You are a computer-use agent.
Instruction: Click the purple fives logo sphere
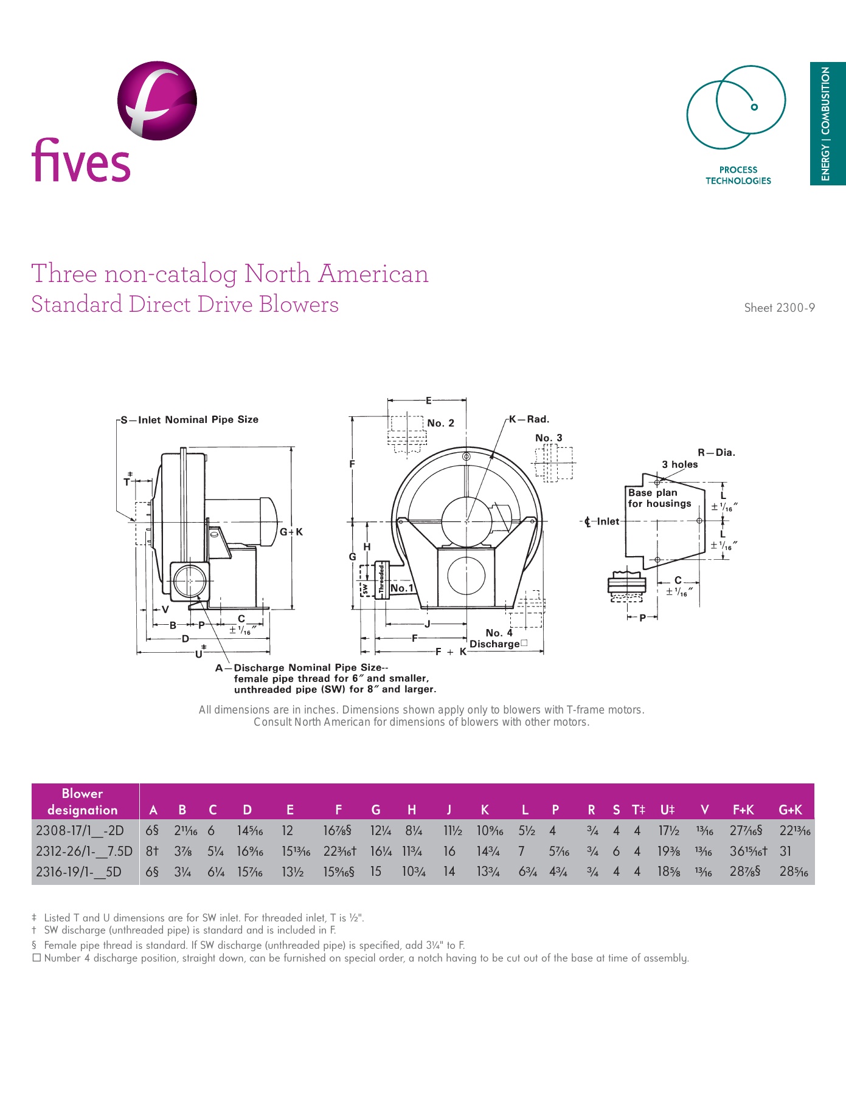pos(157,100)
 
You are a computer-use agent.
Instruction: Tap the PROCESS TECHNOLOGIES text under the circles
pos(738,175)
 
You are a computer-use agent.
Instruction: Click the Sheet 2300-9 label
pos(779,308)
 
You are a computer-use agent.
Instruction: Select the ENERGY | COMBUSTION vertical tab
pos(827,123)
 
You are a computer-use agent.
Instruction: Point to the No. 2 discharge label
pos(440,423)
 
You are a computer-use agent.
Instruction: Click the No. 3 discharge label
pos(549,438)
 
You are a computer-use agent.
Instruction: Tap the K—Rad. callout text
pos(529,419)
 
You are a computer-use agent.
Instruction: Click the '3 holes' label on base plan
pos(679,464)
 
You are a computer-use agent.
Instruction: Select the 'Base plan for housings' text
pos(659,498)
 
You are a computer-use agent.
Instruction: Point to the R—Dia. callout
pos(716,452)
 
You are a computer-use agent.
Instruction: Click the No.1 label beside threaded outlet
pos(401,588)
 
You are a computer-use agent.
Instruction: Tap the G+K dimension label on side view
pos(291,532)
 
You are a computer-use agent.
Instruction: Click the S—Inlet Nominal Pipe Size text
pos(190,419)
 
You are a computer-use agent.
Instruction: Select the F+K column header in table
pos(743,810)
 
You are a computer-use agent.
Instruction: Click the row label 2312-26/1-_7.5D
pos(84,851)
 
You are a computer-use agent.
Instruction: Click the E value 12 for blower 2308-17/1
pos(287,830)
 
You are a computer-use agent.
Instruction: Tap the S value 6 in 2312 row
pos(616,851)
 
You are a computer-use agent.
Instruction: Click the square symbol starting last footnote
pos(36,958)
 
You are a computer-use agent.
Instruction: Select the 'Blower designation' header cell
pos(83,801)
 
